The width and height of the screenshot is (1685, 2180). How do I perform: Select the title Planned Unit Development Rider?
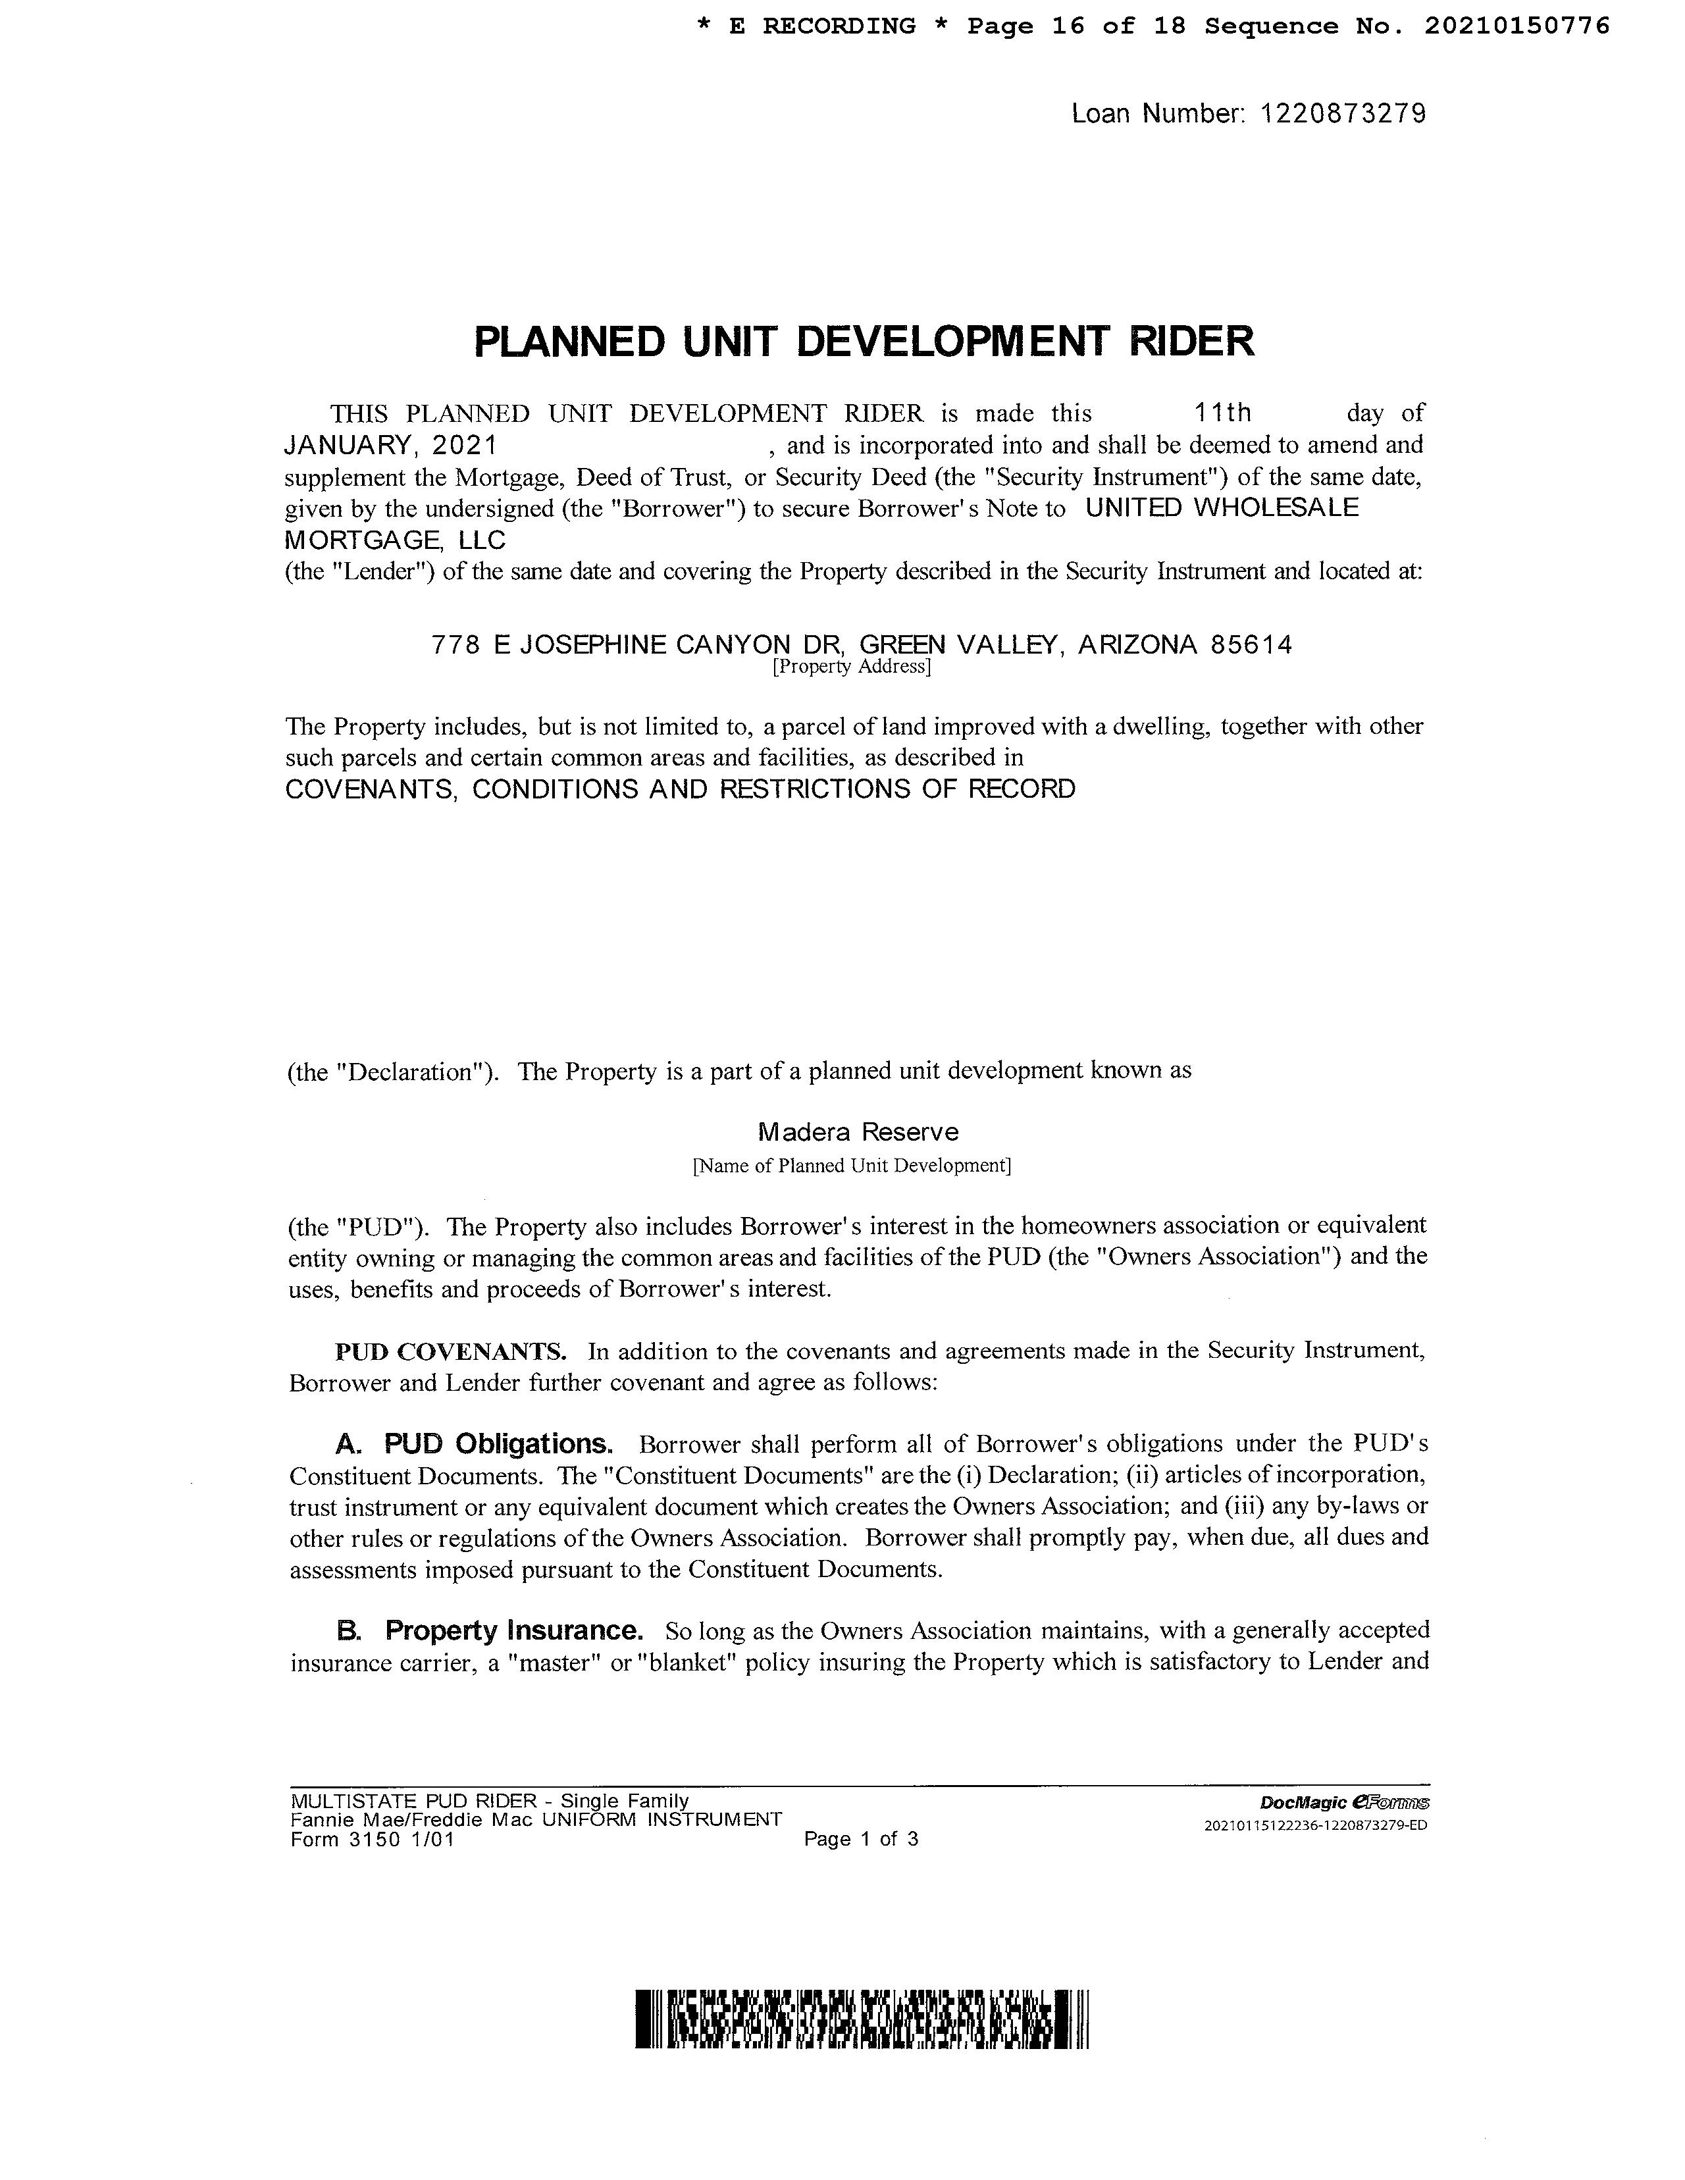click(x=864, y=342)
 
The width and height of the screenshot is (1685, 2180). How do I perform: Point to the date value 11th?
click(x=1223, y=412)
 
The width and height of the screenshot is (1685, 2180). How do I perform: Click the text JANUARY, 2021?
click(x=392, y=444)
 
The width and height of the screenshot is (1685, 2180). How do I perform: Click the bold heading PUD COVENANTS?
click(x=451, y=1351)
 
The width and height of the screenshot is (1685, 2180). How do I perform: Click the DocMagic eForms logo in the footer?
click(x=1345, y=1802)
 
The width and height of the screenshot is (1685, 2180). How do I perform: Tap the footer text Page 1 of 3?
click(x=860, y=1838)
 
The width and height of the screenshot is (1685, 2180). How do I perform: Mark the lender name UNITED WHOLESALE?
click(x=1222, y=508)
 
